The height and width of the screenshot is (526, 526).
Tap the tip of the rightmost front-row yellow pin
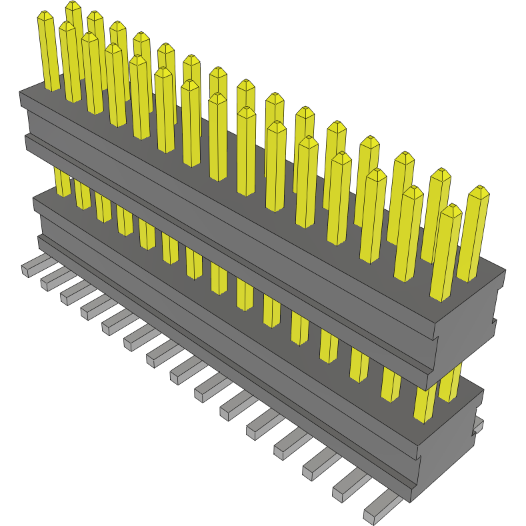point(451,210)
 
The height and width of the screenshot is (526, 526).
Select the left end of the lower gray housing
point(37,207)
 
